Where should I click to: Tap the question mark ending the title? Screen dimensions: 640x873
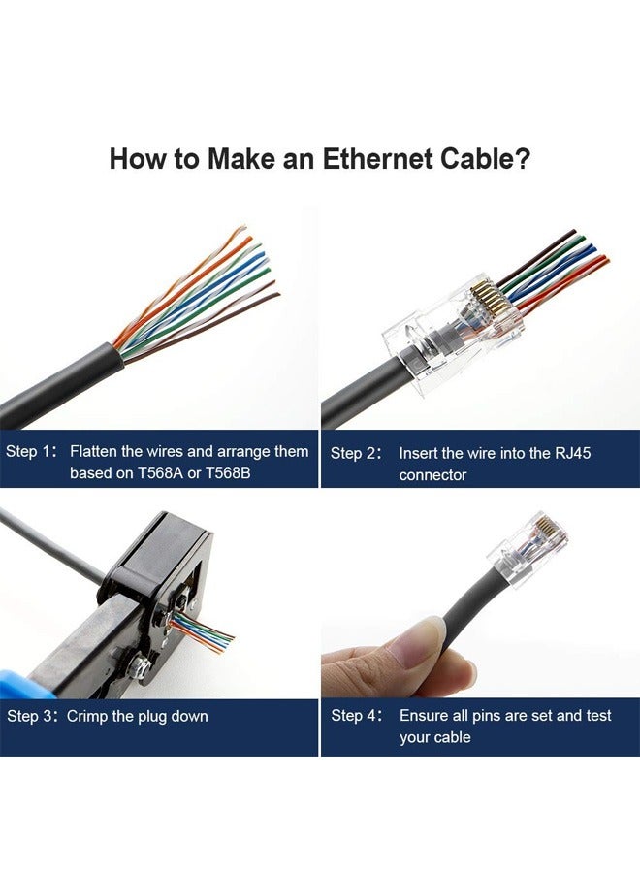522,159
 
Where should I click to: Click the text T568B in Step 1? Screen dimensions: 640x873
228,473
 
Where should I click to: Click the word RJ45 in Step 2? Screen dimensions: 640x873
573,453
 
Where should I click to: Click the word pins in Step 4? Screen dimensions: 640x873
488,716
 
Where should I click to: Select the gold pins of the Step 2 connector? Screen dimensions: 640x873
484,302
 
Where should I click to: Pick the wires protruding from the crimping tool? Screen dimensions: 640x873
203,634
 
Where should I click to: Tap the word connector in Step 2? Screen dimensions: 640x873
432,475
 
